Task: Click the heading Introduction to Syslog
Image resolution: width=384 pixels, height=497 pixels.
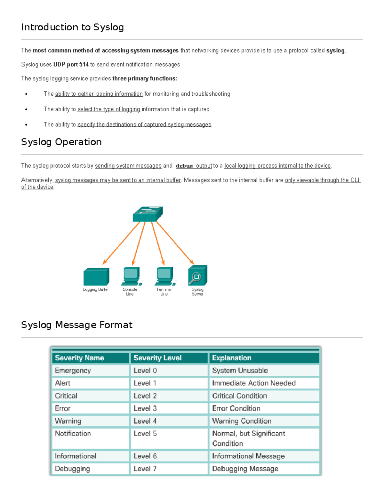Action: [x=72, y=27]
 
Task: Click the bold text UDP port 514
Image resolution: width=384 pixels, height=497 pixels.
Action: [x=71, y=64]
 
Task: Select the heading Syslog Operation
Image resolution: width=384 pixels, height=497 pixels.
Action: [x=61, y=142]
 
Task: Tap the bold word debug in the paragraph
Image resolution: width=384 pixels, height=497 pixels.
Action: [x=184, y=166]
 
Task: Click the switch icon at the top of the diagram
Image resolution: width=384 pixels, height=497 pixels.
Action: [x=148, y=214]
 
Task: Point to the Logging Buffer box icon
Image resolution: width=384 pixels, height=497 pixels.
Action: [x=96, y=277]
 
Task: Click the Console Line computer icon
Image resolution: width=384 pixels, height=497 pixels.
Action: [x=131, y=276]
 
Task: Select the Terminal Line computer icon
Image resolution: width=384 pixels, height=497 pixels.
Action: [x=164, y=276]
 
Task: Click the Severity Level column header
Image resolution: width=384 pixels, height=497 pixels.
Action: [x=157, y=358]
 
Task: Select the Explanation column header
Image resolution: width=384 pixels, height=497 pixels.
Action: [x=232, y=358]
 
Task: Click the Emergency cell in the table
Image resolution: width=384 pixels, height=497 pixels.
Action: [x=73, y=371]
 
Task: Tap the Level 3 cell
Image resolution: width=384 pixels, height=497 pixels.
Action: [x=145, y=408]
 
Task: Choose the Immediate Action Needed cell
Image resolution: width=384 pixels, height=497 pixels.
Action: [x=254, y=383]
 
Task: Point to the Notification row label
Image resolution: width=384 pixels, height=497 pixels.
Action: [x=73, y=433]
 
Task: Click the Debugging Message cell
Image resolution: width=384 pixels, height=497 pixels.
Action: [x=245, y=469]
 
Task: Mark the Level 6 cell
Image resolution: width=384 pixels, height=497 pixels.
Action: [x=145, y=456]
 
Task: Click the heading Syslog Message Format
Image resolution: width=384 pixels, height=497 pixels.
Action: [x=77, y=325]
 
